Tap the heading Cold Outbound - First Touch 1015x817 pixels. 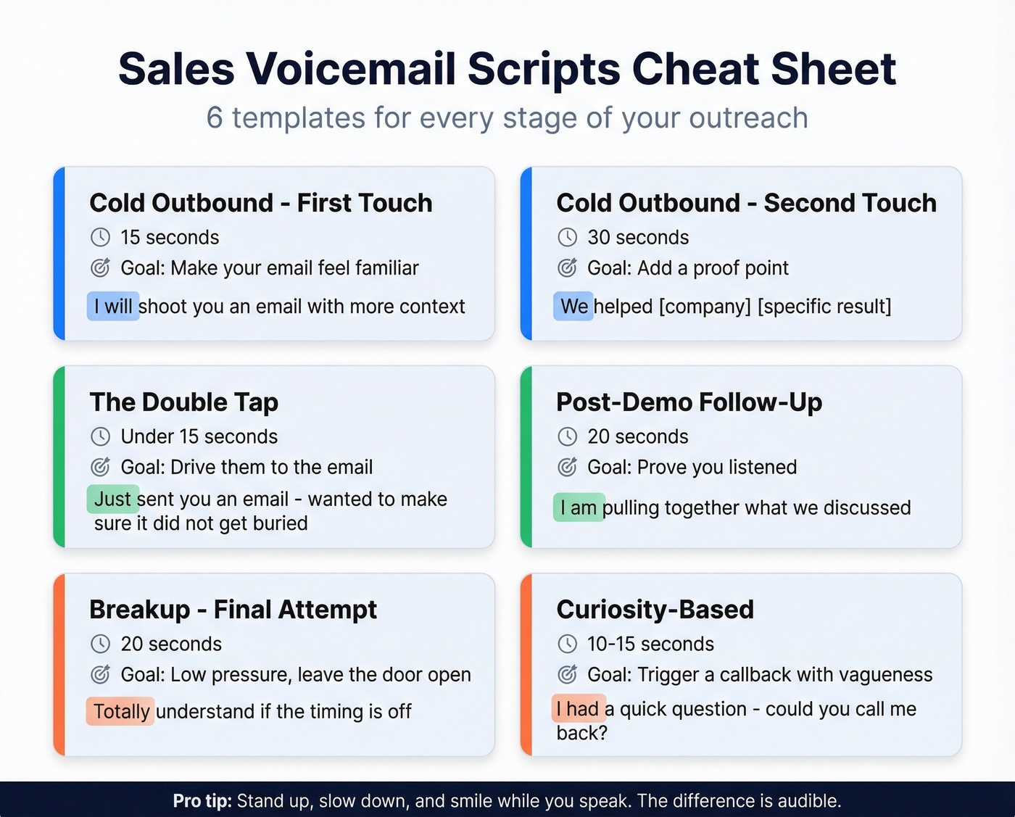260,203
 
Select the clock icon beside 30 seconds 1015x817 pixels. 567,237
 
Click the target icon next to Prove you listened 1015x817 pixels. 567,467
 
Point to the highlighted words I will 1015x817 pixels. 113,307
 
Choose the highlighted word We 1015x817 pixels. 573,307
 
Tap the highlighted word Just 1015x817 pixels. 112,499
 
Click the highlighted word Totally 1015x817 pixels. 121,711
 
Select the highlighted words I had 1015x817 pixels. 578,708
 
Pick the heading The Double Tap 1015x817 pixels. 184,402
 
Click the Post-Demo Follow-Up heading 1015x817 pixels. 689,402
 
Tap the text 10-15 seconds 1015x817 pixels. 650,644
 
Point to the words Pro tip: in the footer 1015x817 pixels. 202,801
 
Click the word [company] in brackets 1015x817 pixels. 705,307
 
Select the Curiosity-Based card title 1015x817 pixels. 655,610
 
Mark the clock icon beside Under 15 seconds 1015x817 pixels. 100,436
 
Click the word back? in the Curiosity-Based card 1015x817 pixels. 581,733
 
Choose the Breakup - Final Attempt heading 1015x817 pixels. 233,610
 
